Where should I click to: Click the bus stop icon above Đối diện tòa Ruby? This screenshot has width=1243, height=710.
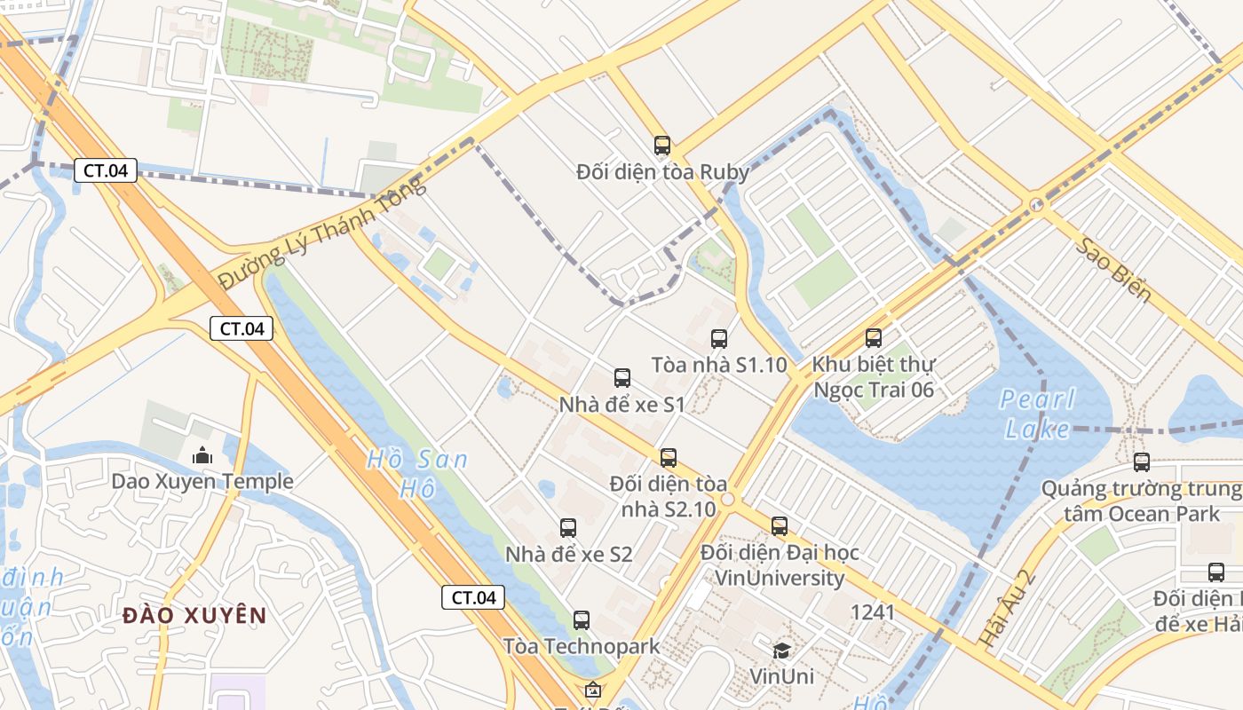661,145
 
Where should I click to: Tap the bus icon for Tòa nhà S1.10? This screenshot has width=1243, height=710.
719,338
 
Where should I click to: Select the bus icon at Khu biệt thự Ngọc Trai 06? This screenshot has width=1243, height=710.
874,337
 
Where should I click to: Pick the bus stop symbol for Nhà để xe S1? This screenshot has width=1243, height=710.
622,378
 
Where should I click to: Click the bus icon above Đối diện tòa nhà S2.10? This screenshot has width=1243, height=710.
669,457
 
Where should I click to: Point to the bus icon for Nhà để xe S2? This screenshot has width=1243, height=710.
568,528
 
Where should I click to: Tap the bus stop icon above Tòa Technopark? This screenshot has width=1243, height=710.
582,619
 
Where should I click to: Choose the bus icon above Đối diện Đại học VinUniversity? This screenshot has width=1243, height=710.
780,525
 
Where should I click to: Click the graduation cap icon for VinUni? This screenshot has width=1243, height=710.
781,651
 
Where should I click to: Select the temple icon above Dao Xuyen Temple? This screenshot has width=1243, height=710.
202,455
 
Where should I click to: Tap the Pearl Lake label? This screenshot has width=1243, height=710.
1038,414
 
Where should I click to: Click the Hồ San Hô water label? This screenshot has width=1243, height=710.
416,473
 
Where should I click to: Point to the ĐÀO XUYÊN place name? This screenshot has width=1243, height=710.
194,615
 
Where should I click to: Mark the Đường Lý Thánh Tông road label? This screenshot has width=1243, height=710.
322,233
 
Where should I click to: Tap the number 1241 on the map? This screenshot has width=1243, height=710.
873,611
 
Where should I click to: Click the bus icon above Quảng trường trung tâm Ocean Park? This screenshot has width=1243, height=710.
1142,461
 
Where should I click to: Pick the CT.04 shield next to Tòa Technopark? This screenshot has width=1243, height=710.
473,597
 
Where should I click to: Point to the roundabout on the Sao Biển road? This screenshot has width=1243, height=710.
1036,205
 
